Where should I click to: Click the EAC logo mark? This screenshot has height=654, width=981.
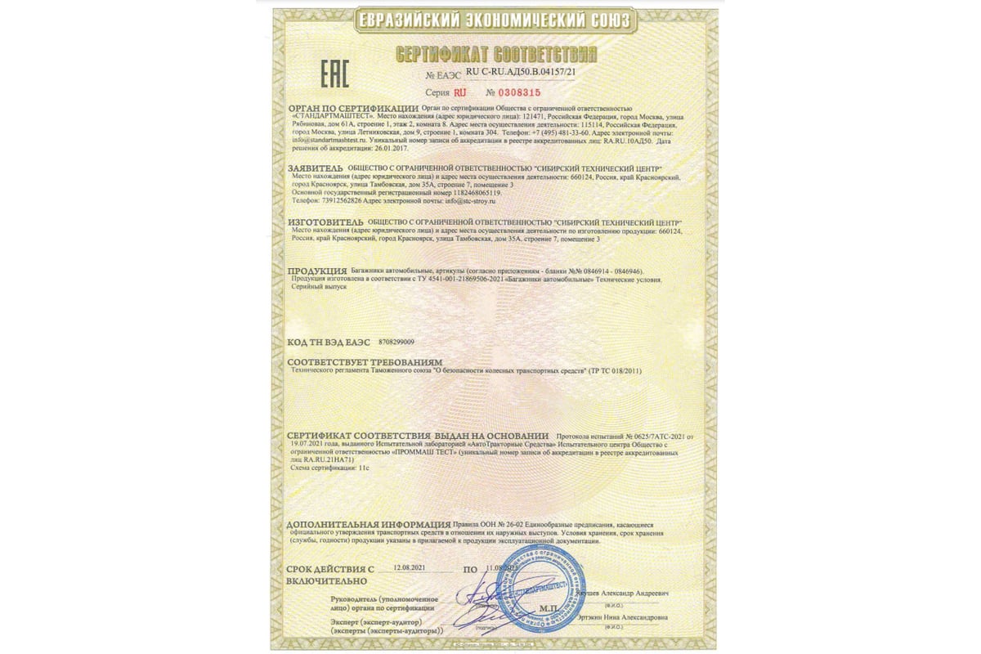point(334,74)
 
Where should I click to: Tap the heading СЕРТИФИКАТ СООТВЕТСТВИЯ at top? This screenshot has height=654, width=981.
point(496,56)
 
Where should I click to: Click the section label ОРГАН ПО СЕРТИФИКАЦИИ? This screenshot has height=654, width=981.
point(352,109)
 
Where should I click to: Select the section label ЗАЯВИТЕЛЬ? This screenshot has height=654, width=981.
point(316,168)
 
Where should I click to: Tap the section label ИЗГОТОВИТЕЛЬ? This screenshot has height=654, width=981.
point(325,222)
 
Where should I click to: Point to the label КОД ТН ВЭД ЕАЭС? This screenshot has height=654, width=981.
point(329,341)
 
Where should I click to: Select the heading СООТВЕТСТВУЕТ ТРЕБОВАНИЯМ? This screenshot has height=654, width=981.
point(365,361)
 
